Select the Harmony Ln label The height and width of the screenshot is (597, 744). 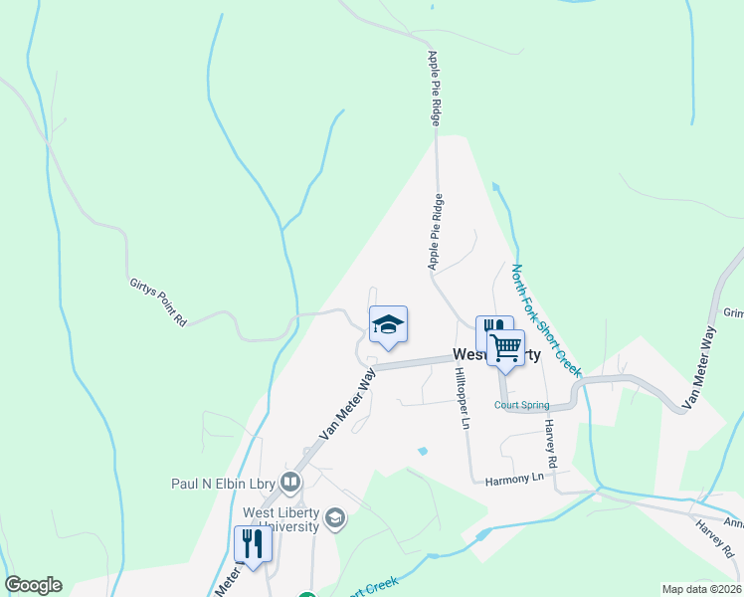point(516,480)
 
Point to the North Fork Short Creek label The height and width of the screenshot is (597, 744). point(545,318)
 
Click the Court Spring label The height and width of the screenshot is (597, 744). point(521,405)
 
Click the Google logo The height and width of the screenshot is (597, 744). point(33,585)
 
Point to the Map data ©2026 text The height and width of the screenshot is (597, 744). point(702,589)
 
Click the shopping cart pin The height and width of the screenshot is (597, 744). point(506,347)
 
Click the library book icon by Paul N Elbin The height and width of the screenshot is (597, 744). point(290,484)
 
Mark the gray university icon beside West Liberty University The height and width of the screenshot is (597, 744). point(336,517)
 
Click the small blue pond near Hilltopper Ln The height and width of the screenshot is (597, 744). point(423,451)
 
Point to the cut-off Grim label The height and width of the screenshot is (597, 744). point(733,312)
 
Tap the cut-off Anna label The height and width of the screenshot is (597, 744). point(733,523)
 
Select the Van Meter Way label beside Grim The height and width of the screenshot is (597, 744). point(700,369)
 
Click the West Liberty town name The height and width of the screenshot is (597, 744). point(497,355)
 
